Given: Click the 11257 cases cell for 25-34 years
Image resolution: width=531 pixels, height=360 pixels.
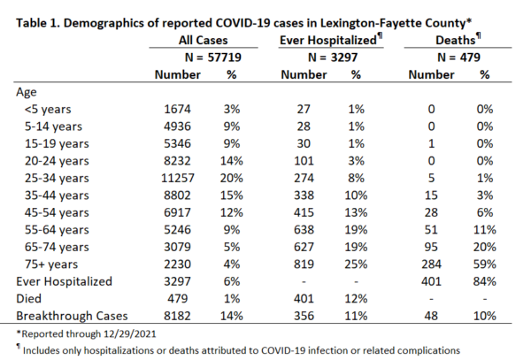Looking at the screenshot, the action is click(178, 178).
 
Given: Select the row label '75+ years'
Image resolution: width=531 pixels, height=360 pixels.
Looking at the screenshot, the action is click(51, 264).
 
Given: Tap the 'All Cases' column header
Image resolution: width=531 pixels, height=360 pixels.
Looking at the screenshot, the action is click(204, 41).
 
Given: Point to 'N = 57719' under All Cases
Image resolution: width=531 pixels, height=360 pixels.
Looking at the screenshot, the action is click(213, 57).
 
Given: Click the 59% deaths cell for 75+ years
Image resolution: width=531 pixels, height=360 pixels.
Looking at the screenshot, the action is click(485, 264).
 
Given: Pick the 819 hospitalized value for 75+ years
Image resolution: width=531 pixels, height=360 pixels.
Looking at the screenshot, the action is click(304, 264).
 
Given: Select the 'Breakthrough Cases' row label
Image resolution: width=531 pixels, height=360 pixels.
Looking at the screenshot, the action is click(72, 316).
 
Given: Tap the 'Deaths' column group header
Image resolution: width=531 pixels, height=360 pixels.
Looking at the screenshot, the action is click(456, 41).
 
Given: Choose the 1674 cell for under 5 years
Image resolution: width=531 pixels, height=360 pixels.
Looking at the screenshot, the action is click(178, 110).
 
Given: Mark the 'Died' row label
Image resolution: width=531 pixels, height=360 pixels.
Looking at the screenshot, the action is click(29, 299).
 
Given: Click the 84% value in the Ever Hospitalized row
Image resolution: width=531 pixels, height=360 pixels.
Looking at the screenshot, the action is click(485, 281).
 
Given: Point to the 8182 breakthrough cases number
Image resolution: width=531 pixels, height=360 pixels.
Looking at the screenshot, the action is click(178, 316).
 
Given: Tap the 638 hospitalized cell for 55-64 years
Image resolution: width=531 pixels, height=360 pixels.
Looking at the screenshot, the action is click(304, 230).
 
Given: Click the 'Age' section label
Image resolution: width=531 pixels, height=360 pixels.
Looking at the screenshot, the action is click(27, 92).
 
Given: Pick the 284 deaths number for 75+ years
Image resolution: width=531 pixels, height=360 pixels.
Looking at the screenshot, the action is click(431, 264).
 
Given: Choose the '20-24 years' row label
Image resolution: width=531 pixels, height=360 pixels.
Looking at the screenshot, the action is click(57, 161).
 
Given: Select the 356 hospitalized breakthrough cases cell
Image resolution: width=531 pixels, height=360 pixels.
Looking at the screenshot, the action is click(304, 316).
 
